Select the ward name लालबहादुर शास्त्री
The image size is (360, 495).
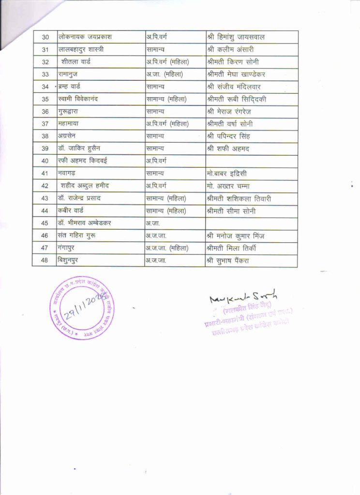(x=81, y=49)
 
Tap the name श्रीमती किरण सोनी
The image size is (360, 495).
(x=232, y=62)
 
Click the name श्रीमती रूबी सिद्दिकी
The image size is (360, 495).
(x=236, y=99)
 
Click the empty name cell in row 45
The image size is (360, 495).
(x=251, y=223)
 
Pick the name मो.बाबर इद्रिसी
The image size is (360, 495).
(x=228, y=174)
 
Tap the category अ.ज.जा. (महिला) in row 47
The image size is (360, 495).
(x=167, y=248)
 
